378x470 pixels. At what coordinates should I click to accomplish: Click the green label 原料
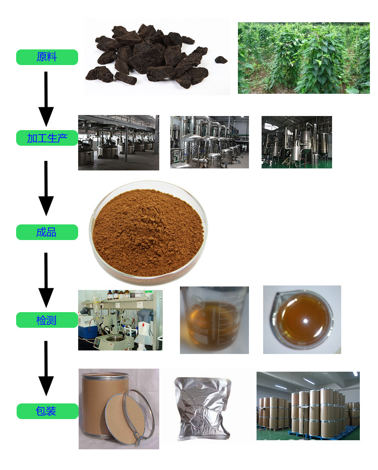(47, 57)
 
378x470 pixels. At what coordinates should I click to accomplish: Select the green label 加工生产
(47, 138)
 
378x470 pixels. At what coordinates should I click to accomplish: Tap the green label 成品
(47, 232)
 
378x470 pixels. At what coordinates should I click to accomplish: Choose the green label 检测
(47, 320)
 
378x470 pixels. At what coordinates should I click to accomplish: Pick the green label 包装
(47, 411)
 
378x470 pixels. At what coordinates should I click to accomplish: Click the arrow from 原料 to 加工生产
(46, 99)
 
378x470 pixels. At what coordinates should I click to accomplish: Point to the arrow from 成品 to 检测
(46, 280)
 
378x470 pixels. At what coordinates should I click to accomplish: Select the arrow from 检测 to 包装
(46, 369)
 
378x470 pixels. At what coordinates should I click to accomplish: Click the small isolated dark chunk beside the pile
(221, 60)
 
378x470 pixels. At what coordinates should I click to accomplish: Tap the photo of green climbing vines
(304, 58)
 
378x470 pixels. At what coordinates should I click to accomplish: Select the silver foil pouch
(203, 408)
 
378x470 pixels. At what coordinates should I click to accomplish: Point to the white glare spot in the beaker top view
(305, 321)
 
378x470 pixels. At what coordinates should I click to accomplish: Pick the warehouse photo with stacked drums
(308, 406)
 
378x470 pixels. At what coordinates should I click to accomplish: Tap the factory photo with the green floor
(296, 142)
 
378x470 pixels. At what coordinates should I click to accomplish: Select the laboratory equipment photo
(120, 320)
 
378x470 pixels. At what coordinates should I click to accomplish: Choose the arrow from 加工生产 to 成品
(46, 188)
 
